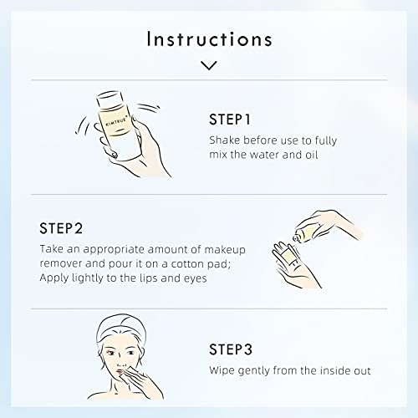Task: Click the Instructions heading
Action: click(x=209, y=39)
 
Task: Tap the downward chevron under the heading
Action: click(x=209, y=65)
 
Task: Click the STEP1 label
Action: click(x=230, y=120)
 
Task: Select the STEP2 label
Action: click(x=61, y=228)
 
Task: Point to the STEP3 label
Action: click(x=231, y=349)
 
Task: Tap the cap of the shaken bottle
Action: click(x=110, y=99)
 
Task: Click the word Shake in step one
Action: click(x=225, y=140)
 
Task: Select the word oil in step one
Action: click(x=312, y=155)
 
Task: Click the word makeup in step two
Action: click(x=225, y=250)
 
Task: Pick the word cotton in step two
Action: click(x=187, y=263)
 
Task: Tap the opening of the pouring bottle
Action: click(x=296, y=238)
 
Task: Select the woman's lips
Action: click(x=120, y=371)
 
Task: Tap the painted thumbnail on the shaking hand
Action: click(x=114, y=155)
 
